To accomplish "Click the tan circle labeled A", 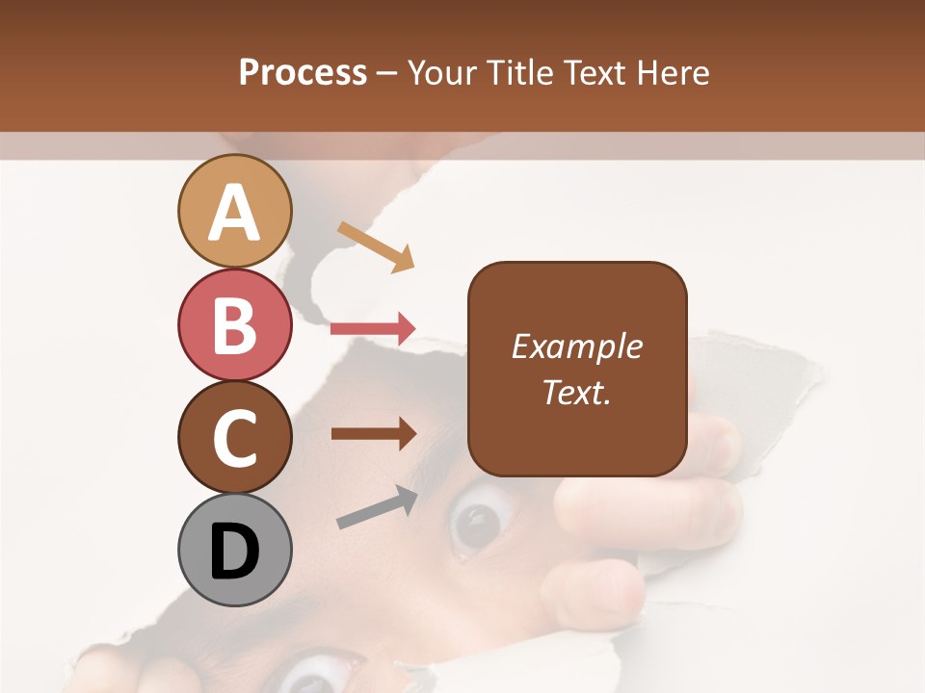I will pyautogui.click(x=234, y=211).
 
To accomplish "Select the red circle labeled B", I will pyautogui.click(x=234, y=324).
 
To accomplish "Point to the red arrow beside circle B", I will pyautogui.click(x=373, y=329).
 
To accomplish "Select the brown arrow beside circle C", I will pyautogui.click(x=373, y=433).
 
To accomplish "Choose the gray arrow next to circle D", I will pyautogui.click(x=377, y=508).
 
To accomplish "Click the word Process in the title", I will pyautogui.click(x=303, y=72).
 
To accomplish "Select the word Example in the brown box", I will pyautogui.click(x=577, y=346).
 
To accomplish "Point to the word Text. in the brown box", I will pyautogui.click(x=577, y=392).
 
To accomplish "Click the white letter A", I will pyautogui.click(x=234, y=213).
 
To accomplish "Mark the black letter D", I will pyautogui.click(x=234, y=552).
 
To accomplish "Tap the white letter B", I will pyautogui.click(x=234, y=325).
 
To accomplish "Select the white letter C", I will pyautogui.click(x=234, y=438).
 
